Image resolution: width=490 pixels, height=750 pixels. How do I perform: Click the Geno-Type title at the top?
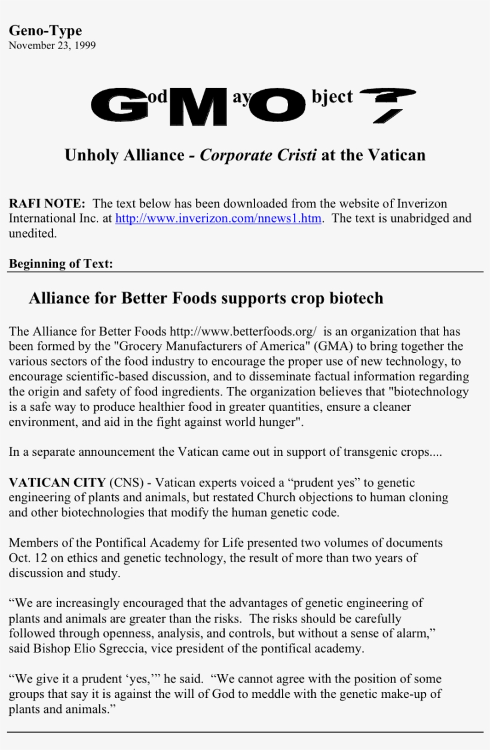(x=45, y=31)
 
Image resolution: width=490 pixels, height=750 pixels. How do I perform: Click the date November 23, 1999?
(x=52, y=45)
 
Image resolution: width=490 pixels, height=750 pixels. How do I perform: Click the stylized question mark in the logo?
(x=388, y=103)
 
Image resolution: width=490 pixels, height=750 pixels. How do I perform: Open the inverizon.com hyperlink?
(x=219, y=218)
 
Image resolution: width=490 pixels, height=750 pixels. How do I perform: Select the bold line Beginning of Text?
(x=60, y=263)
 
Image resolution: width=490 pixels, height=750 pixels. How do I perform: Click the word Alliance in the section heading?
(x=59, y=298)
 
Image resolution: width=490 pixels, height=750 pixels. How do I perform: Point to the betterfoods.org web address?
(x=243, y=331)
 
